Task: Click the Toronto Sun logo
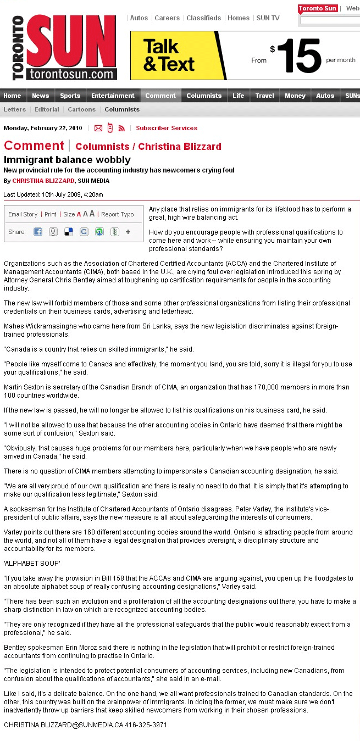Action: coord(65,47)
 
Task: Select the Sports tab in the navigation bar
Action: coord(70,96)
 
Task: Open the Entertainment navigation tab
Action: coord(113,96)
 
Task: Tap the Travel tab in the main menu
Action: coord(264,96)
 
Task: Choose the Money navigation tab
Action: coord(295,96)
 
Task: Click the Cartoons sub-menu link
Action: coord(82,109)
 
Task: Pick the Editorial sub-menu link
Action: coord(47,109)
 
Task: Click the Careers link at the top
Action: coord(167,18)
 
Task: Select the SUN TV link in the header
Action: coord(268,18)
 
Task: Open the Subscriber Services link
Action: coord(167,128)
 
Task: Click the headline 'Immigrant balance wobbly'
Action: coord(67,160)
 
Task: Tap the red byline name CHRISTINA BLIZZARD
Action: coord(43,181)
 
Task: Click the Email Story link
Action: coord(23,214)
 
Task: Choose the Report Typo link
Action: coord(118,214)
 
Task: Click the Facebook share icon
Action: coord(38,232)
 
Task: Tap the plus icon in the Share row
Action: coord(128,232)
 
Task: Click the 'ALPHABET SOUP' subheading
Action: coord(32,564)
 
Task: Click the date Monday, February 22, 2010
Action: coord(43,128)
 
